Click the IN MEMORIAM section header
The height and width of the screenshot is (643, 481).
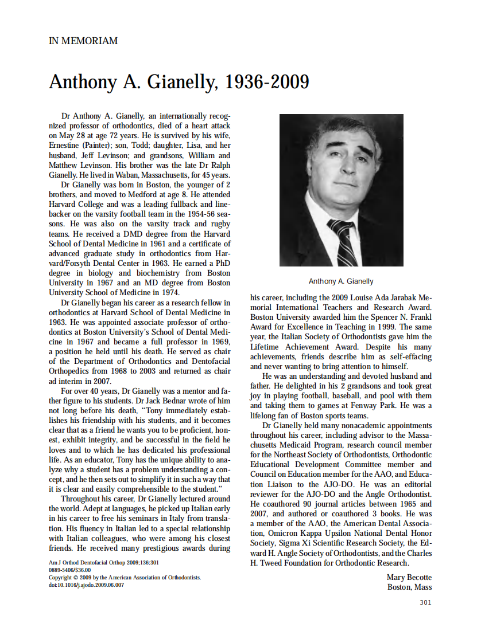[83, 41]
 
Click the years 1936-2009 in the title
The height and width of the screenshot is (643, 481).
[267, 83]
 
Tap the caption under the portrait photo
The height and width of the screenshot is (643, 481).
[341, 281]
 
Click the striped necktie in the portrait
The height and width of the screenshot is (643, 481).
[342, 241]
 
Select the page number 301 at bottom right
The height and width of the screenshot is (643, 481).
[425, 602]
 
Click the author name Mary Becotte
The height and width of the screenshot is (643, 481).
[409, 577]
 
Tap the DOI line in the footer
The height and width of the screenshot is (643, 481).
[86, 585]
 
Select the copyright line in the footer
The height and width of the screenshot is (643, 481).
[125, 578]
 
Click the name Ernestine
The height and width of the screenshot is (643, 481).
[65, 146]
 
